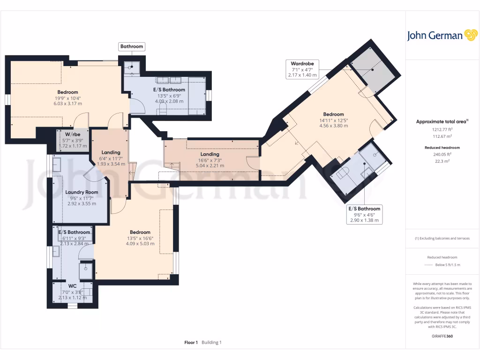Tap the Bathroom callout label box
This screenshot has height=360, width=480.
click(x=131, y=46)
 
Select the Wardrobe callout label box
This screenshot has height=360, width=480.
click(x=302, y=69)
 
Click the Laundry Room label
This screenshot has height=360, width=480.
click(x=82, y=192)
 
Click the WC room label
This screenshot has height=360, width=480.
click(x=72, y=285)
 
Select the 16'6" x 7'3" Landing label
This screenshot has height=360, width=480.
click(x=210, y=154)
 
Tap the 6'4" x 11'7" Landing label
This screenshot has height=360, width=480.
click(x=111, y=152)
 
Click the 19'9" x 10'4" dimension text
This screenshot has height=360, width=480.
click(x=68, y=98)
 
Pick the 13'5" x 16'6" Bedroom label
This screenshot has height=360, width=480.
click(x=140, y=232)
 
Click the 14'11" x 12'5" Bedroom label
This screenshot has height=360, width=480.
click(x=333, y=114)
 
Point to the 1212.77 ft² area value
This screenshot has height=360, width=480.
click(x=442, y=129)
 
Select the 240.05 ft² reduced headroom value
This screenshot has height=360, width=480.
click(x=442, y=154)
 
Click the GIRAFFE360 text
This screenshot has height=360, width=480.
click(x=442, y=336)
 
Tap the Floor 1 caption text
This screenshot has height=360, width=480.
click(x=191, y=343)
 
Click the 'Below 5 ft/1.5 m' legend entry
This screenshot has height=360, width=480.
click(x=448, y=265)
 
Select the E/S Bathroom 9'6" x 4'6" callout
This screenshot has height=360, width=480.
click(x=364, y=214)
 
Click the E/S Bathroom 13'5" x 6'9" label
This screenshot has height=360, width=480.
click(x=169, y=90)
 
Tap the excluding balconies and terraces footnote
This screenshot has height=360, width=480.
click(x=442, y=238)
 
